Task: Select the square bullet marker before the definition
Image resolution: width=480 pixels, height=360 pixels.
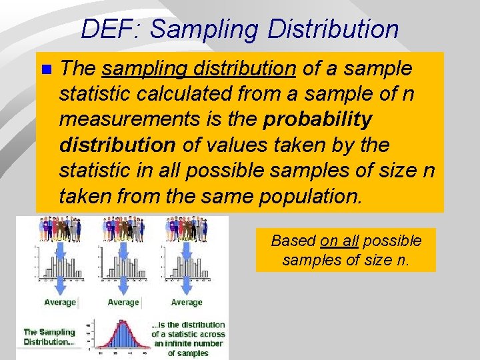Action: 45,69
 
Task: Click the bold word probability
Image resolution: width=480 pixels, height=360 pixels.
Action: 318,119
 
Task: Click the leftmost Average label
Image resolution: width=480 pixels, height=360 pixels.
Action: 60,302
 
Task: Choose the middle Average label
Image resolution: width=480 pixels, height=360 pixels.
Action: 123,302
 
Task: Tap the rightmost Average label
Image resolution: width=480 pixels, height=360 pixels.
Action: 187,302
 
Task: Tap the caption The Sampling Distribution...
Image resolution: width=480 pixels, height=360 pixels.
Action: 49,337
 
